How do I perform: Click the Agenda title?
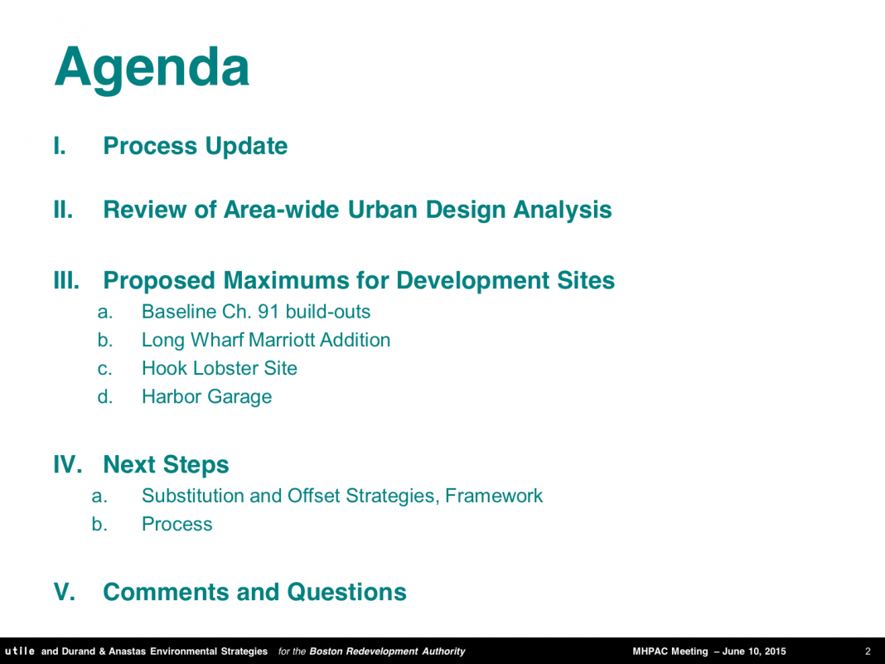[x=152, y=69]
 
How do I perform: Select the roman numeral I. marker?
[x=60, y=146]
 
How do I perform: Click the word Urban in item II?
[x=382, y=210]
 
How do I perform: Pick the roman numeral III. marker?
[x=66, y=281]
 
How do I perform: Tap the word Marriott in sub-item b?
[x=282, y=340]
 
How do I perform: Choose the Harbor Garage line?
[x=206, y=397]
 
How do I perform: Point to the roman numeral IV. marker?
[x=68, y=465]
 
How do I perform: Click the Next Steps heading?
[x=166, y=465]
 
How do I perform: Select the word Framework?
[x=493, y=496]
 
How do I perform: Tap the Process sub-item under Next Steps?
[x=177, y=524]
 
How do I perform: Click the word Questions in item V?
[x=346, y=592]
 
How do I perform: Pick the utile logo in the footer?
[x=20, y=651]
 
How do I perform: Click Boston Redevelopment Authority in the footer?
[x=387, y=652]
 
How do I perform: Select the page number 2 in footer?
[x=868, y=652]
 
